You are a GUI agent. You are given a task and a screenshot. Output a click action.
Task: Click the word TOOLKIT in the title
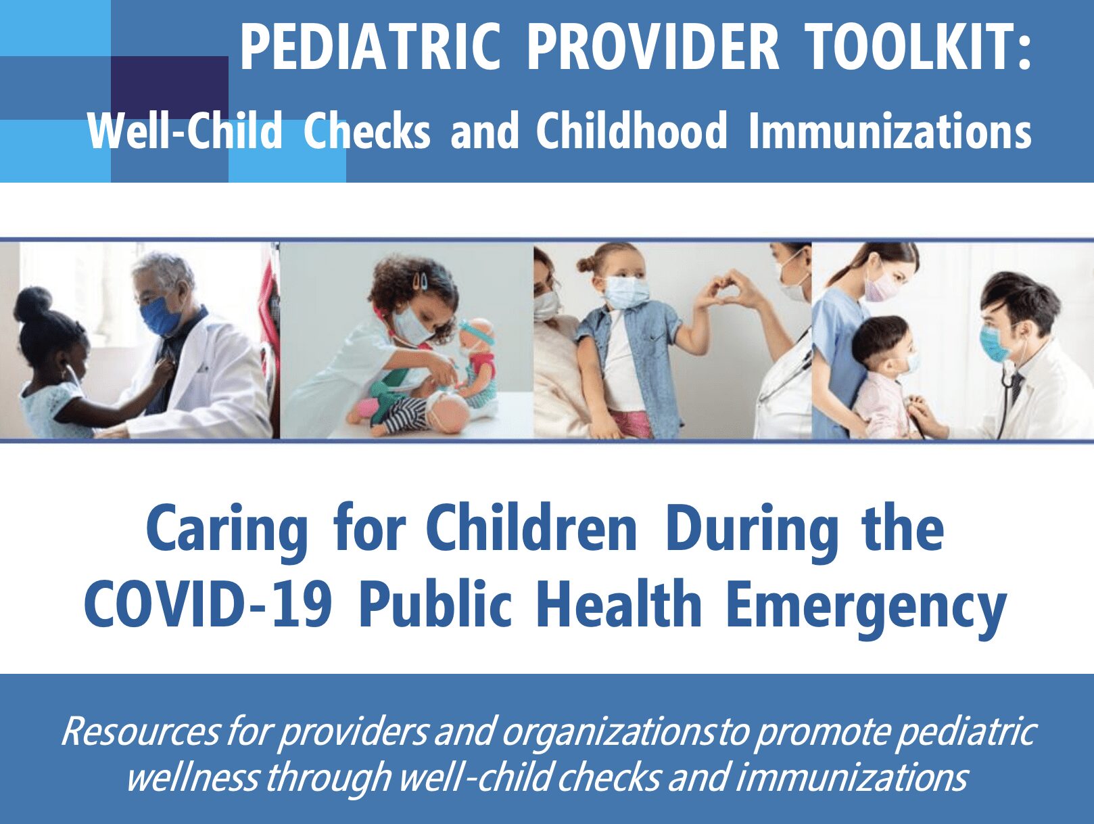tap(918, 48)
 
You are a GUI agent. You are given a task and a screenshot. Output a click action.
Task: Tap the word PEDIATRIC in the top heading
tap(371, 48)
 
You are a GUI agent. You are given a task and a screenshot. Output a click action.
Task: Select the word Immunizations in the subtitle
tap(890, 131)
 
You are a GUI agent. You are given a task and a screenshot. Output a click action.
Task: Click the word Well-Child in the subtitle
tap(185, 131)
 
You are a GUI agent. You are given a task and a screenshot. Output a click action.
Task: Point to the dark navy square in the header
tap(170, 88)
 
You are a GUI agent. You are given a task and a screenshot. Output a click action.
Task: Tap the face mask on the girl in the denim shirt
tap(627, 292)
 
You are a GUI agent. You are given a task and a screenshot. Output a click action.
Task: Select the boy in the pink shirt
tap(884, 378)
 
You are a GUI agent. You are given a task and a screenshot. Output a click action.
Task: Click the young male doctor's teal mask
tap(994, 342)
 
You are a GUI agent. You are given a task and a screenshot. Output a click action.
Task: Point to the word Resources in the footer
tap(140, 732)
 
